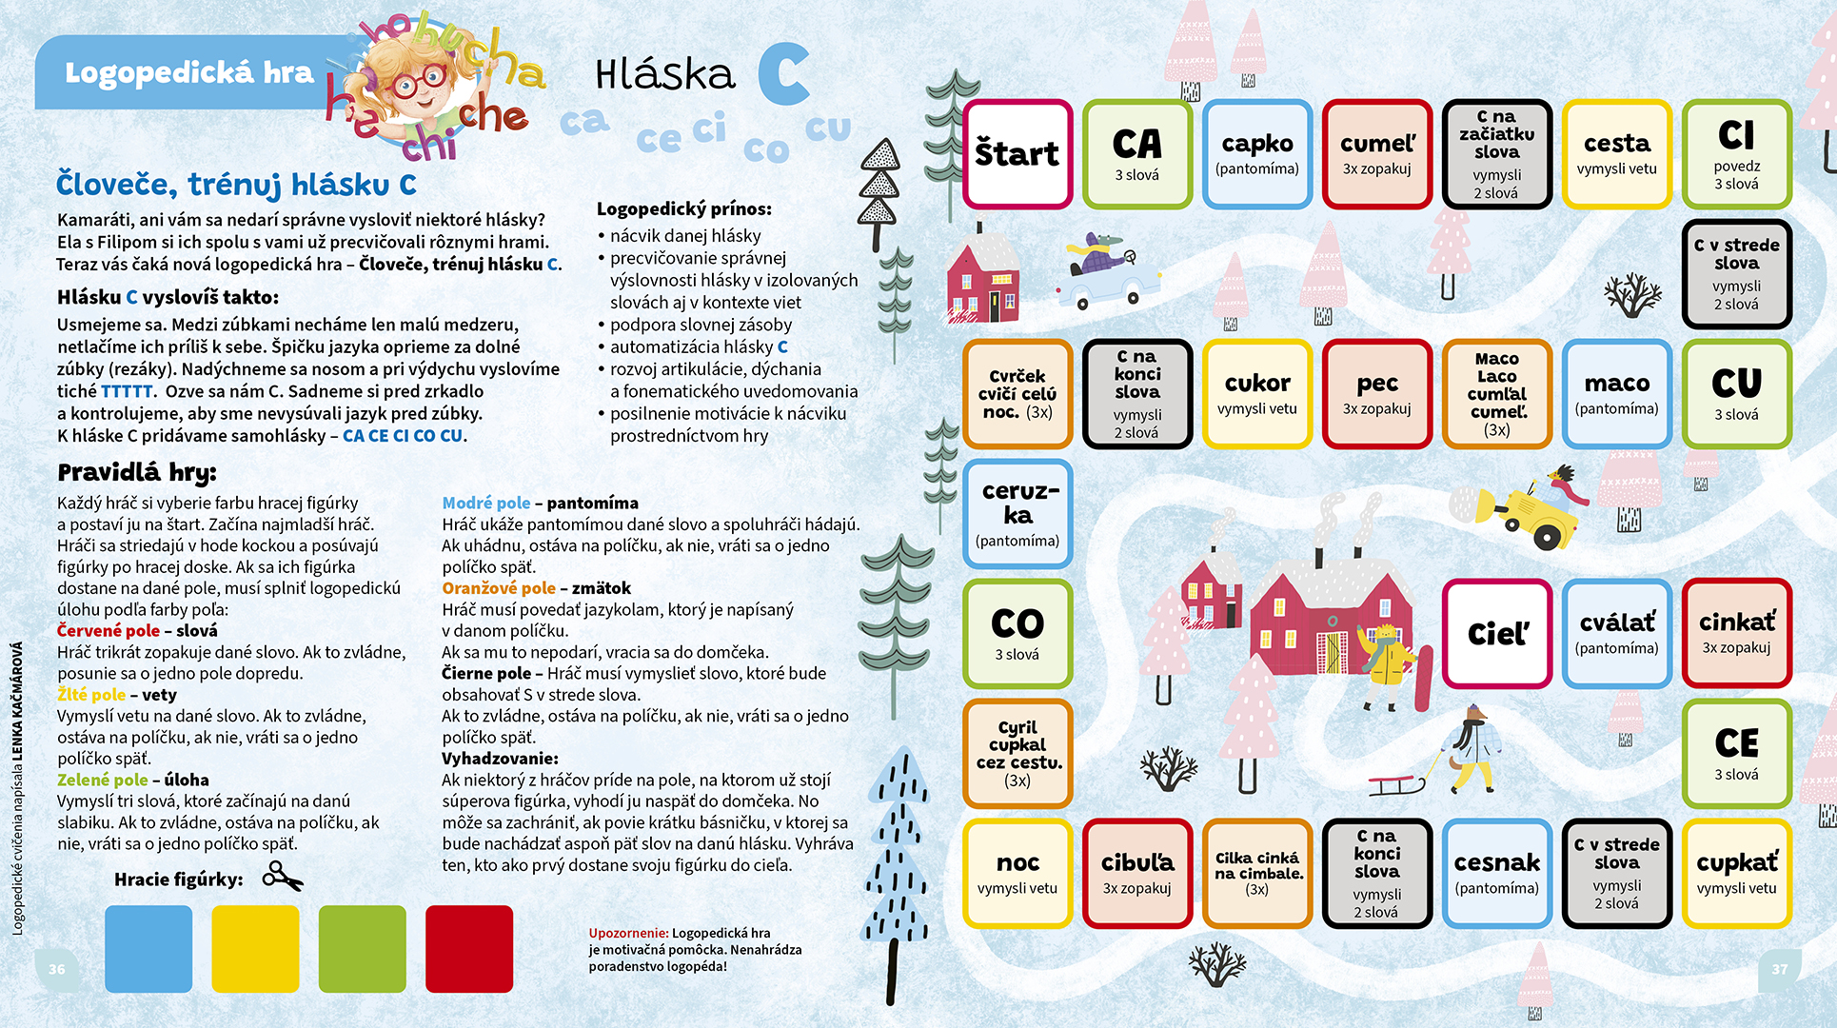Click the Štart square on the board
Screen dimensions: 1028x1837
tap(1017, 154)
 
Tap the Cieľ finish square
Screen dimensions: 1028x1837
tap(1497, 633)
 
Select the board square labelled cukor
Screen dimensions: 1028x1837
tap(1257, 394)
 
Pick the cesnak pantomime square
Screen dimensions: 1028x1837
tap(1497, 873)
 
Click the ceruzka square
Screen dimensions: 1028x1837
tap(1017, 514)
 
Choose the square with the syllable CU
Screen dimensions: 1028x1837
tap(1737, 394)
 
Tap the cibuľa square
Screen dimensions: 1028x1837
tap(1137, 873)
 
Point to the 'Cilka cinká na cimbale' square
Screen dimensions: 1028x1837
tap(1257, 873)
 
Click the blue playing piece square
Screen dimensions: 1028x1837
tap(148, 949)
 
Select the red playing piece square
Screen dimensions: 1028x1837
tap(469, 949)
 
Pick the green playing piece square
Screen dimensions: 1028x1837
tap(363, 949)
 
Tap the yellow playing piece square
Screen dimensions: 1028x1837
tap(255, 949)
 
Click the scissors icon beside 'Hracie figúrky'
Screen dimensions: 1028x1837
tap(283, 876)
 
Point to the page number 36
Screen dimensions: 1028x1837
tap(57, 969)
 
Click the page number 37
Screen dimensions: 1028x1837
tap(1779, 969)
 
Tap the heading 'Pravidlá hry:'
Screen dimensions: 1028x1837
tap(137, 472)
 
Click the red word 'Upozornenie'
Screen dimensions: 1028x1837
tap(628, 934)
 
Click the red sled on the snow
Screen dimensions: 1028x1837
tap(1395, 785)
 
